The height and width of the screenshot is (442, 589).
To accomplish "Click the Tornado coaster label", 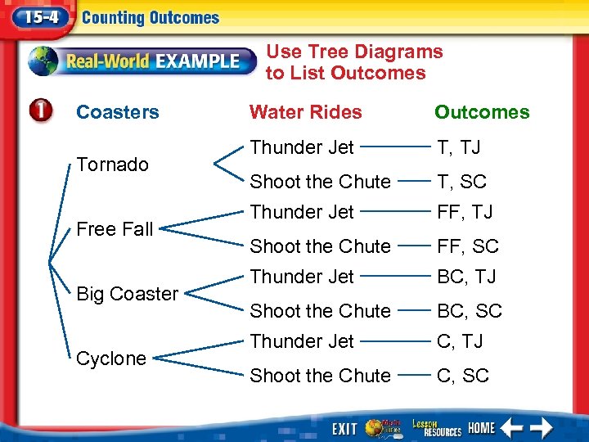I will [112, 165].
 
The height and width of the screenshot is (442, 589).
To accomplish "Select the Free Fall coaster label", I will [115, 229].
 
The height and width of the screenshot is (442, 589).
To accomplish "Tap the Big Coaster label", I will [127, 294].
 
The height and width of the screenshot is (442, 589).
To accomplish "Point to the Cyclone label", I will [110, 359].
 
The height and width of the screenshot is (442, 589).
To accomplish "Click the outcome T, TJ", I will [459, 147].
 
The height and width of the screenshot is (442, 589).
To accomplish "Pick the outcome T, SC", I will [461, 182].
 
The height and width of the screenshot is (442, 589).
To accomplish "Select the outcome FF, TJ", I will [465, 212].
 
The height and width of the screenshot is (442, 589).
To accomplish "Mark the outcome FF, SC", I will [467, 246].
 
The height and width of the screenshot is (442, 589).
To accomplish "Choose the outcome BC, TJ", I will [466, 277].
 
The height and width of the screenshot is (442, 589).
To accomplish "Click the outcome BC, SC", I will [470, 311].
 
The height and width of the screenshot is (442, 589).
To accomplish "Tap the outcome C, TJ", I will [460, 341].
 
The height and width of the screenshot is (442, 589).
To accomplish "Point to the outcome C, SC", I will [462, 376].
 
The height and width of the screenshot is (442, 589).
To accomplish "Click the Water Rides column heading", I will [305, 112].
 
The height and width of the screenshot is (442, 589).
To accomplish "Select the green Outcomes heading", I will [482, 112].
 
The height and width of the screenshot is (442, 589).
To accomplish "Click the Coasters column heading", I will [117, 112].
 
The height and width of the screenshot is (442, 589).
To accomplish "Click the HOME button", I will [481, 428].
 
